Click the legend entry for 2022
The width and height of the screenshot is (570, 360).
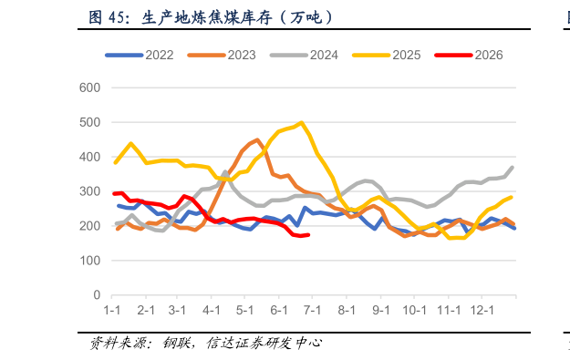(x=140, y=56)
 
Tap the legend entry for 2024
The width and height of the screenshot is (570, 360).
(x=304, y=56)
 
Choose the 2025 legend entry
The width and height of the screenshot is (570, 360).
(x=387, y=56)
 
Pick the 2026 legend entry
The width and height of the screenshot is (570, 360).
(x=469, y=56)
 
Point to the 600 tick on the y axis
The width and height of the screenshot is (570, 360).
(x=89, y=87)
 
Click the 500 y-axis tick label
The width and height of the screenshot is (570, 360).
(x=89, y=122)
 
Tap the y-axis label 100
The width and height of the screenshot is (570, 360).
(x=89, y=261)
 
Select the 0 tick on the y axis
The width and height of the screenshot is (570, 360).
(x=97, y=295)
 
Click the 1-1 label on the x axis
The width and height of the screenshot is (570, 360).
(x=112, y=310)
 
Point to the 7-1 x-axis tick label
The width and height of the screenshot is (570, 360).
(x=312, y=310)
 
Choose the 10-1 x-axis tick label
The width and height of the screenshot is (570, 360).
(x=414, y=310)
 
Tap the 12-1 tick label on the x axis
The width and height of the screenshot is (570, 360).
(x=482, y=310)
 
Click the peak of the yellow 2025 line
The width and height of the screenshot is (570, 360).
(x=301, y=123)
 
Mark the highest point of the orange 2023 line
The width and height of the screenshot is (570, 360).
(x=258, y=139)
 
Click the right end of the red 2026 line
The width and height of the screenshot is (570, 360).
(x=308, y=235)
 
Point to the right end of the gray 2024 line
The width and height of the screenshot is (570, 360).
(x=513, y=168)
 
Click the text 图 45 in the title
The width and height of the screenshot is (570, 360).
(x=107, y=17)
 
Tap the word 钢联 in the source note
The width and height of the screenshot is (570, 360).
(x=176, y=343)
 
